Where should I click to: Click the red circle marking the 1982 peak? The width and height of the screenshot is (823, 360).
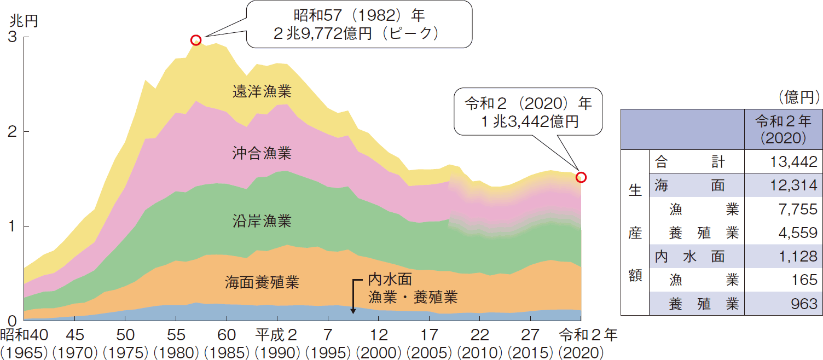(x=196, y=40)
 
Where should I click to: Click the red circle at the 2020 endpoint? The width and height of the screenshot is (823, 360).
(x=581, y=177)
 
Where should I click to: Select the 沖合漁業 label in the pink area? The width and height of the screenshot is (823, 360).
(x=262, y=153)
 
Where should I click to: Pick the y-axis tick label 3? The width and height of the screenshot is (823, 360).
(x=11, y=37)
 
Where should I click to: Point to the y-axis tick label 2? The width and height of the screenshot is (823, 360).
(x=11, y=131)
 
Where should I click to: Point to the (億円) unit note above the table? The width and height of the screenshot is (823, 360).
(x=798, y=97)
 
